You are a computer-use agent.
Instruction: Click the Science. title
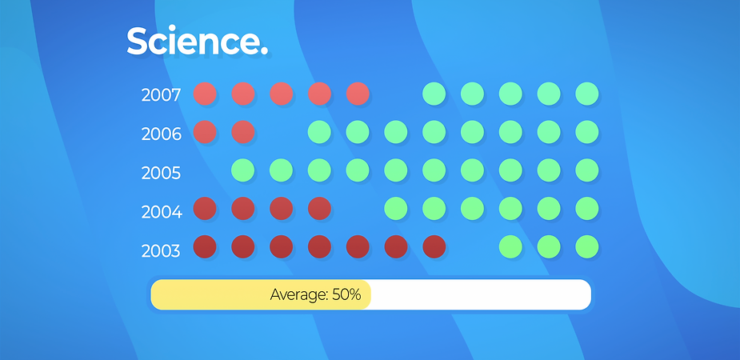click(198, 41)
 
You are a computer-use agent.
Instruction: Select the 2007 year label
click(161, 95)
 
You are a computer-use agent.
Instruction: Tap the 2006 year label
click(162, 134)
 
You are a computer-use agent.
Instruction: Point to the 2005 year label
click(161, 173)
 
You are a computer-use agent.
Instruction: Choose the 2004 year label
click(162, 212)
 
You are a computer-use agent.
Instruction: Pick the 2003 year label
click(161, 250)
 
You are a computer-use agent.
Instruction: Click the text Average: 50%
click(316, 295)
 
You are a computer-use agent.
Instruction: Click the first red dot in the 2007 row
click(205, 94)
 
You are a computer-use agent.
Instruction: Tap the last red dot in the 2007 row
click(358, 94)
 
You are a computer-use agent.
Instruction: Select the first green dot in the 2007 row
click(434, 94)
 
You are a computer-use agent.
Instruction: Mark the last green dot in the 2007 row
click(587, 94)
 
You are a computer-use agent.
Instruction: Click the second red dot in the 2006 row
click(243, 132)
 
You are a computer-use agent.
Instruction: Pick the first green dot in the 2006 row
click(319, 132)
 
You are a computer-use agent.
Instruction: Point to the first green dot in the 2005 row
click(243, 170)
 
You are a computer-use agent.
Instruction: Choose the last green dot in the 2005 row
click(587, 170)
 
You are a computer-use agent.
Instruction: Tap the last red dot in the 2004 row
click(319, 208)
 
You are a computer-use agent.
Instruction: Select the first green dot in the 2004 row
click(396, 208)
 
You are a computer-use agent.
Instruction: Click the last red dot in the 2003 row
click(434, 246)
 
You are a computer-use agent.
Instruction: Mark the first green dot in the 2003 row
click(510, 246)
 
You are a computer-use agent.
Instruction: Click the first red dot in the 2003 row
click(205, 246)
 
